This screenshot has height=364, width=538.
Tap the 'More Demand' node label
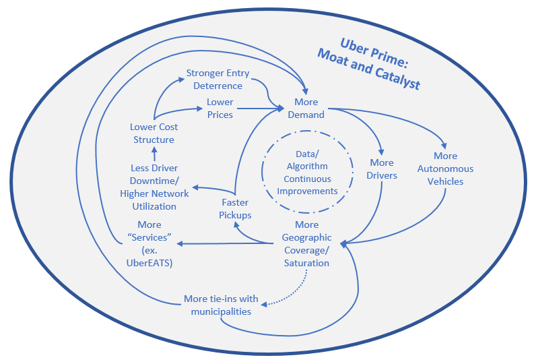coord(306,109)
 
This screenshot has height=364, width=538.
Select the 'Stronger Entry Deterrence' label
coord(217,80)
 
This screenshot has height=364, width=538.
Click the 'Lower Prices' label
coord(220,109)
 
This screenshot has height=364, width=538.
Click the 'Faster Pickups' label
coord(236,209)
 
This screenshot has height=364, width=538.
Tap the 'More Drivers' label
coord(382,169)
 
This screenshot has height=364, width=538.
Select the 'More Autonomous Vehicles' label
coord(445,169)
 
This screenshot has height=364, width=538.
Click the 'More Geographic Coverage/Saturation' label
coord(306,243)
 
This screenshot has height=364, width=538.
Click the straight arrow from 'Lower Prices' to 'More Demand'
coord(259,108)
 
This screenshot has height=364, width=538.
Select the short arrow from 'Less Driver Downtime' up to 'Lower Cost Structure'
coord(154,154)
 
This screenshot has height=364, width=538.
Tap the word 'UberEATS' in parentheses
coord(150,263)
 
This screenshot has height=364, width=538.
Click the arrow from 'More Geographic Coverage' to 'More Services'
coord(229,243)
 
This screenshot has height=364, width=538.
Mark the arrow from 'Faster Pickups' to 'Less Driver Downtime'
coord(212,189)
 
